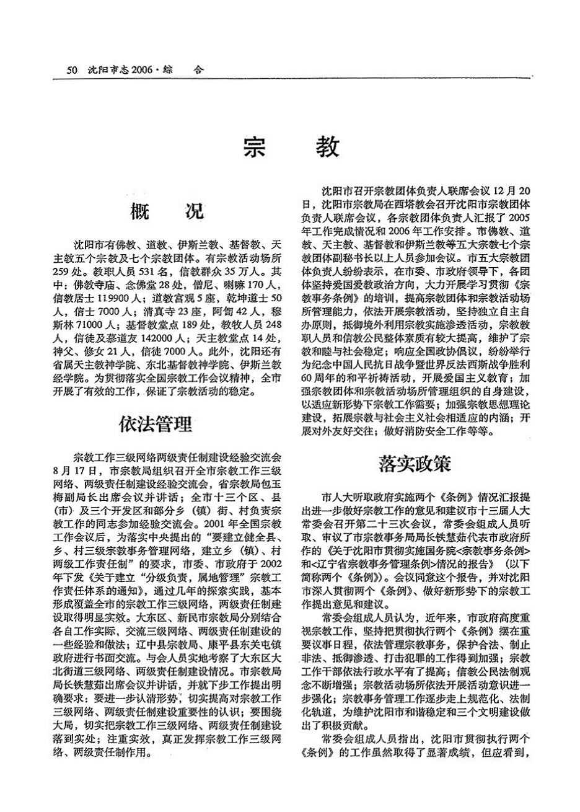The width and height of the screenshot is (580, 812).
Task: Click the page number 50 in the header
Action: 71,69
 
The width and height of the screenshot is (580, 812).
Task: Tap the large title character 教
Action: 326,147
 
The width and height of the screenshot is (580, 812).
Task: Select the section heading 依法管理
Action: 155,424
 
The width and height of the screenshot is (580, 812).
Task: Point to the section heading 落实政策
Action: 423,463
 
